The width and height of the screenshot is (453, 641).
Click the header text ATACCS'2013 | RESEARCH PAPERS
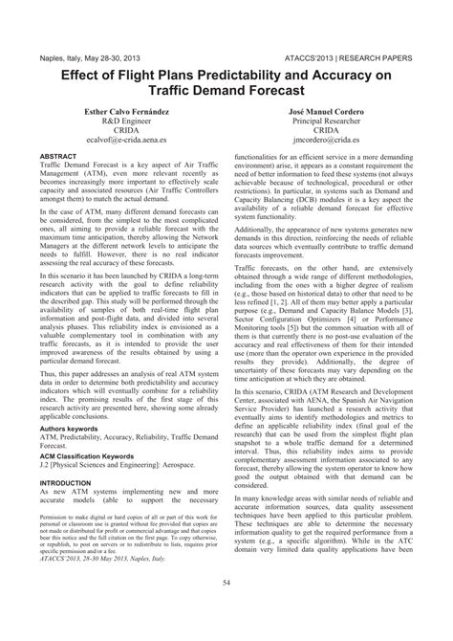pos(363,57)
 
